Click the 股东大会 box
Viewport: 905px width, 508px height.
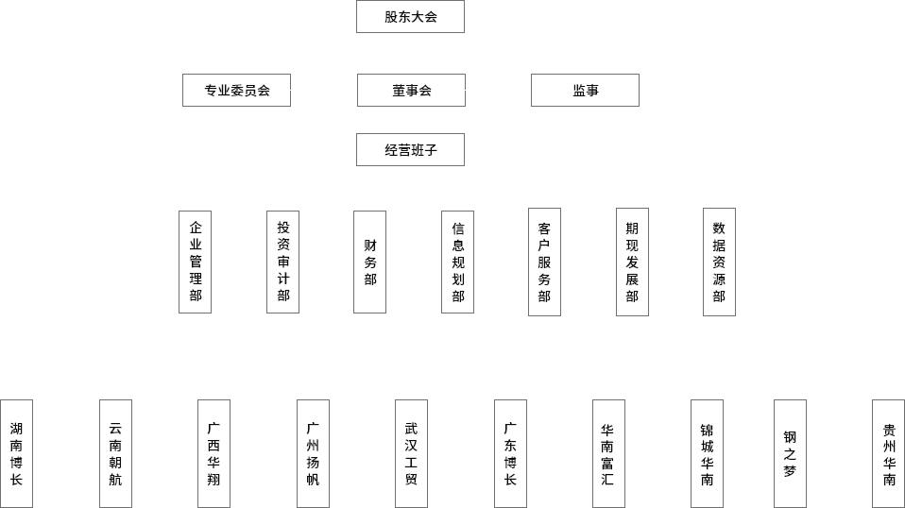(410, 17)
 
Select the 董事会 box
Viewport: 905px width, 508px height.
(410, 91)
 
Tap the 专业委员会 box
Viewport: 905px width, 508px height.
(236, 91)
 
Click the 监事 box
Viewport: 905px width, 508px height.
(585, 91)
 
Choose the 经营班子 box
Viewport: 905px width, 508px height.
(410, 149)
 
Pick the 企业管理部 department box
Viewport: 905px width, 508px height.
(196, 261)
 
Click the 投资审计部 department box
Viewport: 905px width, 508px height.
(282, 261)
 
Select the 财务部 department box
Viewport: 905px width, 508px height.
(369, 261)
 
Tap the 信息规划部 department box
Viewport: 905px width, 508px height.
(457, 261)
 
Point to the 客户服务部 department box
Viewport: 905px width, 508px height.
(544, 262)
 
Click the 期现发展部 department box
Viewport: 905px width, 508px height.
(631, 262)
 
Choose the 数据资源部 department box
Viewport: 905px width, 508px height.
(719, 262)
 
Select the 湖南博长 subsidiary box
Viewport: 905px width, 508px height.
(16, 453)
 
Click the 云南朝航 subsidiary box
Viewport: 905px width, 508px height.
(115, 453)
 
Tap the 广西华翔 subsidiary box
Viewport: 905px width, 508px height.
(213, 453)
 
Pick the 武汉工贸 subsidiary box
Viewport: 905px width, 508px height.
(411, 453)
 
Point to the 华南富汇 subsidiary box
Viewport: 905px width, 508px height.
(608, 453)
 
